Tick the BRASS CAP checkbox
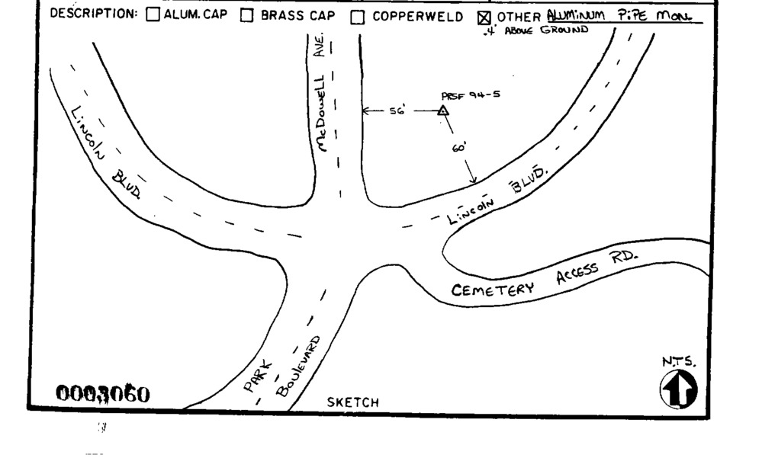point(246,15)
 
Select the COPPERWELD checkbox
point(357,16)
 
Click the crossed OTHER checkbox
point(483,16)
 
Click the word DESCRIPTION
point(94,14)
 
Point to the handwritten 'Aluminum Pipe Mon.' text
point(623,16)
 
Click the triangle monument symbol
point(442,111)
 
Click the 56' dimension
point(397,111)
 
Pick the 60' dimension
point(458,149)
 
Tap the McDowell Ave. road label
point(323,91)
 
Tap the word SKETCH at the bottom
point(352,402)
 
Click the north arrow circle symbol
point(678,389)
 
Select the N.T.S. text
point(680,363)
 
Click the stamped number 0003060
point(104,394)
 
